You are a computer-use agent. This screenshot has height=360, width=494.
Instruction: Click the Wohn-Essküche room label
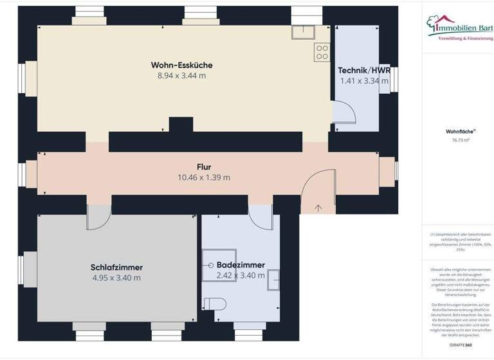pyautogui.click(x=181, y=65)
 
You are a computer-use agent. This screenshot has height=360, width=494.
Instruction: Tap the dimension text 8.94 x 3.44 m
pyautogui.click(x=181, y=76)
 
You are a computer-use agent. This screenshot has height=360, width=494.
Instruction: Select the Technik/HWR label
pyautogui.click(x=364, y=70)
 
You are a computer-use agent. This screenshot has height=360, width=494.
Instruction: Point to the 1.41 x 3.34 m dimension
pyautogui.click(x=364, y=81)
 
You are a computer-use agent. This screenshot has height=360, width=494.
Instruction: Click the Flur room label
pyautogui.click(x=204, y=166)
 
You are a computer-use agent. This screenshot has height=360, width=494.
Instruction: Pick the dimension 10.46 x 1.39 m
pyautogui.click(x=204, y=177)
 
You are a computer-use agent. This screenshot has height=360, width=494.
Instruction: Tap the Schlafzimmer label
pyautogui.click(x=116, y=267)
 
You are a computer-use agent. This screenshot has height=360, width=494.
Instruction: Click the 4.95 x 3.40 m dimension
pyautogui.click(x=116, y=278)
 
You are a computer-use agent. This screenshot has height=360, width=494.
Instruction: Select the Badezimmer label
pyautogui.click(x=241, y=265)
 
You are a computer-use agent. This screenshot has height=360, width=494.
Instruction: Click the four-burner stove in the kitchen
pyautogui.click(x=322, y=53)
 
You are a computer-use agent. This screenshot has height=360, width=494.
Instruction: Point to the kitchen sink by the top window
pyautogui.click(x=302, y=32)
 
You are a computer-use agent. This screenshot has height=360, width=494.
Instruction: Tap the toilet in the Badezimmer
pyautogui.click(x=213, y=303)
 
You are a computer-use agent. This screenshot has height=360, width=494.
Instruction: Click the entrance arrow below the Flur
pyautogui.click(x=318, y=208)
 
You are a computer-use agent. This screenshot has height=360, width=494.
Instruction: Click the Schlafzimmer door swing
pyautogui.click(x=98, y=217)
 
